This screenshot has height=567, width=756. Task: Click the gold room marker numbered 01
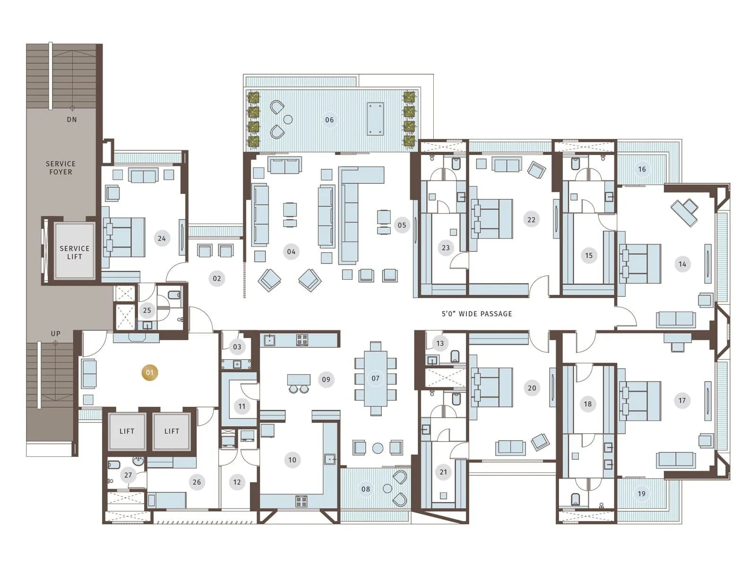pos(150,372)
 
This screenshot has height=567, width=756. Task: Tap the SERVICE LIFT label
pos(75,252)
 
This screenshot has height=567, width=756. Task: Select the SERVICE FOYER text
pos(61,168)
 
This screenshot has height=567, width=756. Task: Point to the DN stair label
pos(72,120)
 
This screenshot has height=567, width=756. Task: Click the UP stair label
pos(56,334)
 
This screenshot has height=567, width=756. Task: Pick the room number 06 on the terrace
pos(329,120)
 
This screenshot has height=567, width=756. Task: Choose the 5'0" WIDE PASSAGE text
pos(477,314)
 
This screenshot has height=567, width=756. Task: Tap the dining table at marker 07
pos(376,378)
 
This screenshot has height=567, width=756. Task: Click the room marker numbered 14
pos(682,264)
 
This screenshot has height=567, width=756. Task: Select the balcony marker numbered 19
pos(642,494)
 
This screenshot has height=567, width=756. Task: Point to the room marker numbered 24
pos(162,238)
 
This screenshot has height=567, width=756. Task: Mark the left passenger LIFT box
pos(127,431)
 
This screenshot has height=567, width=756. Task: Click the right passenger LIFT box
pos(172,431)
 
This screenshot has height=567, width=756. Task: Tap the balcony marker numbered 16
pos(642,169)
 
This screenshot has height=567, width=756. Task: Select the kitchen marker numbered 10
pos(292,460)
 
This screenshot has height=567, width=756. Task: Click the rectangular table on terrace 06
pos(375,119)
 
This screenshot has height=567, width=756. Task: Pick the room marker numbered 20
pos(532,388)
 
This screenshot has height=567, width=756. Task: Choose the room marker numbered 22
pos(532,219)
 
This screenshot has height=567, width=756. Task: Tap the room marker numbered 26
pos(197,482)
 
